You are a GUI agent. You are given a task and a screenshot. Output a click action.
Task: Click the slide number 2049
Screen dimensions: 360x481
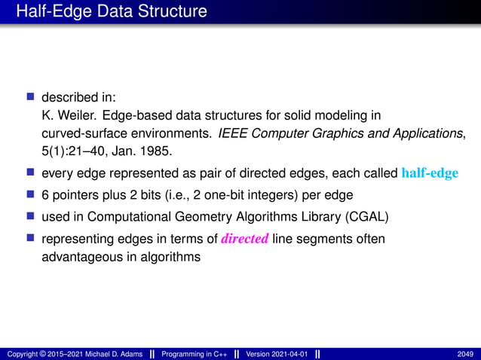tap(465, 354)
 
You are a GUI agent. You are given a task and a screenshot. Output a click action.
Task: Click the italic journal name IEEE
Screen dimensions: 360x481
tap(231, 134)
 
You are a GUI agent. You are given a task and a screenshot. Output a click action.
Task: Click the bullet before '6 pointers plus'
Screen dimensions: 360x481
tap(31, 195)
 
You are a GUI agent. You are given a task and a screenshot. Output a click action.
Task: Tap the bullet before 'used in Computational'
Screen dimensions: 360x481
tap(31, 217)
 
